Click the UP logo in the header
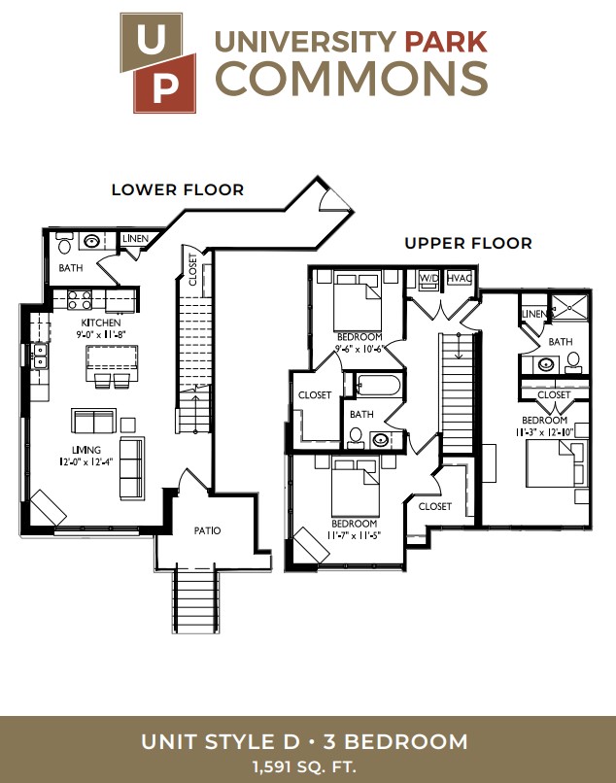pyautogui.click(x=157, y=63)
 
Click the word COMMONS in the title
pyautogui.click(x=351, y=78)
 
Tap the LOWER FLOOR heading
pyautogui.click(x=178, y=189)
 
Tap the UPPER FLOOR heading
pyautogui.click(x=468, y=243)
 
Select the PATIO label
pyautogui.click(x=207, y=530)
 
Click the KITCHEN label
pyautogui.click(x=101, y=323)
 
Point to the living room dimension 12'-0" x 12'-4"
pyautogui.click(x=86, y=461)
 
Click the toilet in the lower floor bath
pyautogui.click(x=64, y=243)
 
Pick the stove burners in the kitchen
pyautogui.click(x=80, y=300)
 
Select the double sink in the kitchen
pyautogui.click(x=40, y=355)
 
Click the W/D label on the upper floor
pyautogui.click(x=428, y=278)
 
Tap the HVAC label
pyautogui.click(x=460, y=278)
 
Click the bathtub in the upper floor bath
pyautogui.click(x=377, y=385)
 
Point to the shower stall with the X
pyautogui.click(x=570, y=306)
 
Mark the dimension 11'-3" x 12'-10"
pyautogui.click(x=544, y=432)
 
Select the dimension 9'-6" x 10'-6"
pyautogui.click(x=359, y=349)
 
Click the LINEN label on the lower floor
pyautogui.click(x=135, y=239)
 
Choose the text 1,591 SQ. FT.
pyautogui.click(x=304, y=766)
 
